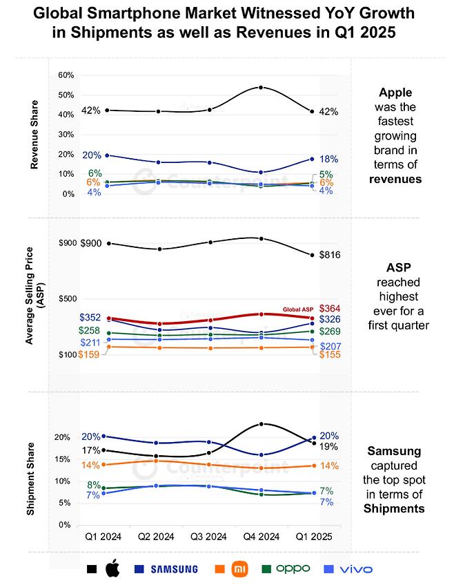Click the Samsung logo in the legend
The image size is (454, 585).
166,569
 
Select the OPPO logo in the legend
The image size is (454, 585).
293,569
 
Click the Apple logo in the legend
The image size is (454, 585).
112,569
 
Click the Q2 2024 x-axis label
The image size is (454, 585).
156,537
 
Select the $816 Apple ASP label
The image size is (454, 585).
330,255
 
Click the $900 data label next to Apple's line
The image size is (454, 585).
91,244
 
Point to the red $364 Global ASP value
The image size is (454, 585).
329,308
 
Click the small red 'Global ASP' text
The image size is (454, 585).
297,308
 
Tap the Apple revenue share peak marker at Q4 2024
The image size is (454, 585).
261,87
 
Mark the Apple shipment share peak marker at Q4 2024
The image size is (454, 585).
261,424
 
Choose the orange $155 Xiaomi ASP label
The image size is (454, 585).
329,354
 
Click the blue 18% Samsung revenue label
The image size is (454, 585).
329,159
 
